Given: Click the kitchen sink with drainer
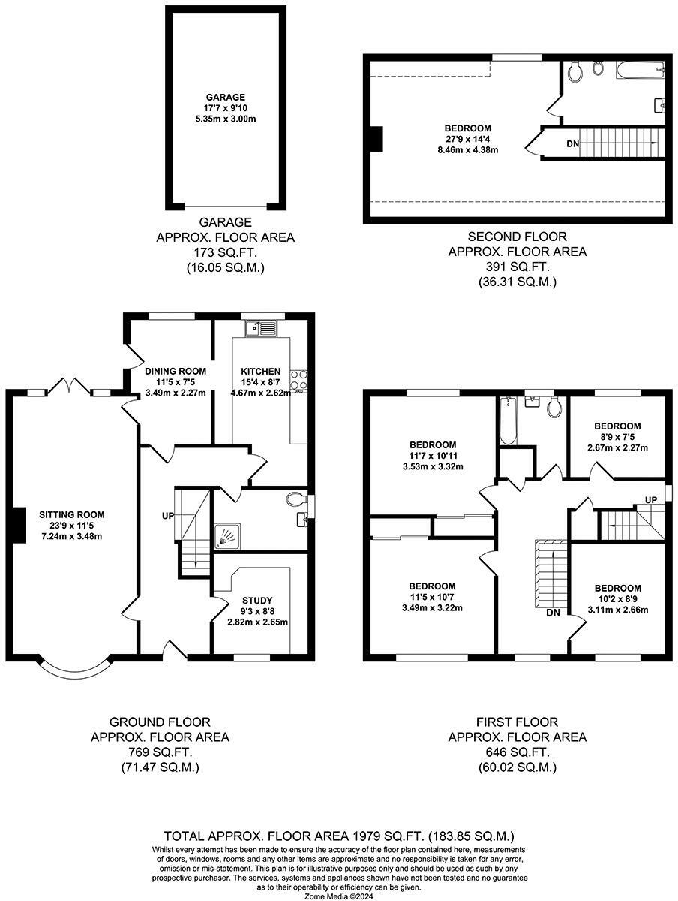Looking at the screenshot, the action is point(262,328).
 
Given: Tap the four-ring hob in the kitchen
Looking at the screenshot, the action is point(298,380).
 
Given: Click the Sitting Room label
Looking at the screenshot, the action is point(72,514).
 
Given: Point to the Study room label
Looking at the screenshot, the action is point(257,600).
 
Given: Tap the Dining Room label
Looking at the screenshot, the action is point(175,372).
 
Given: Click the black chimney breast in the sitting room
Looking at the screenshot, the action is point(19,525).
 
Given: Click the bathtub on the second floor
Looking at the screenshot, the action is point(640,69).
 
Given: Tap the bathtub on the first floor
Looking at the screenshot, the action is point(508,420).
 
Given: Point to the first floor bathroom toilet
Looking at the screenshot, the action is point(554,406).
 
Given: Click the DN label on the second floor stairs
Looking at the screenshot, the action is point(573,144).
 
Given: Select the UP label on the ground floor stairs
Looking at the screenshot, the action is point(168,516).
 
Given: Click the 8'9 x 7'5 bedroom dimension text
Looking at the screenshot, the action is point(617,437).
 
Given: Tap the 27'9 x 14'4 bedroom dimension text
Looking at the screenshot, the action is point(468,139).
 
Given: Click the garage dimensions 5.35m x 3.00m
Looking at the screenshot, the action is point(226,119).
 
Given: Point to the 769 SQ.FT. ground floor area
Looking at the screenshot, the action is point(160,752).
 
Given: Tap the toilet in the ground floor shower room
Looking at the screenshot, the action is point(298,499).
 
